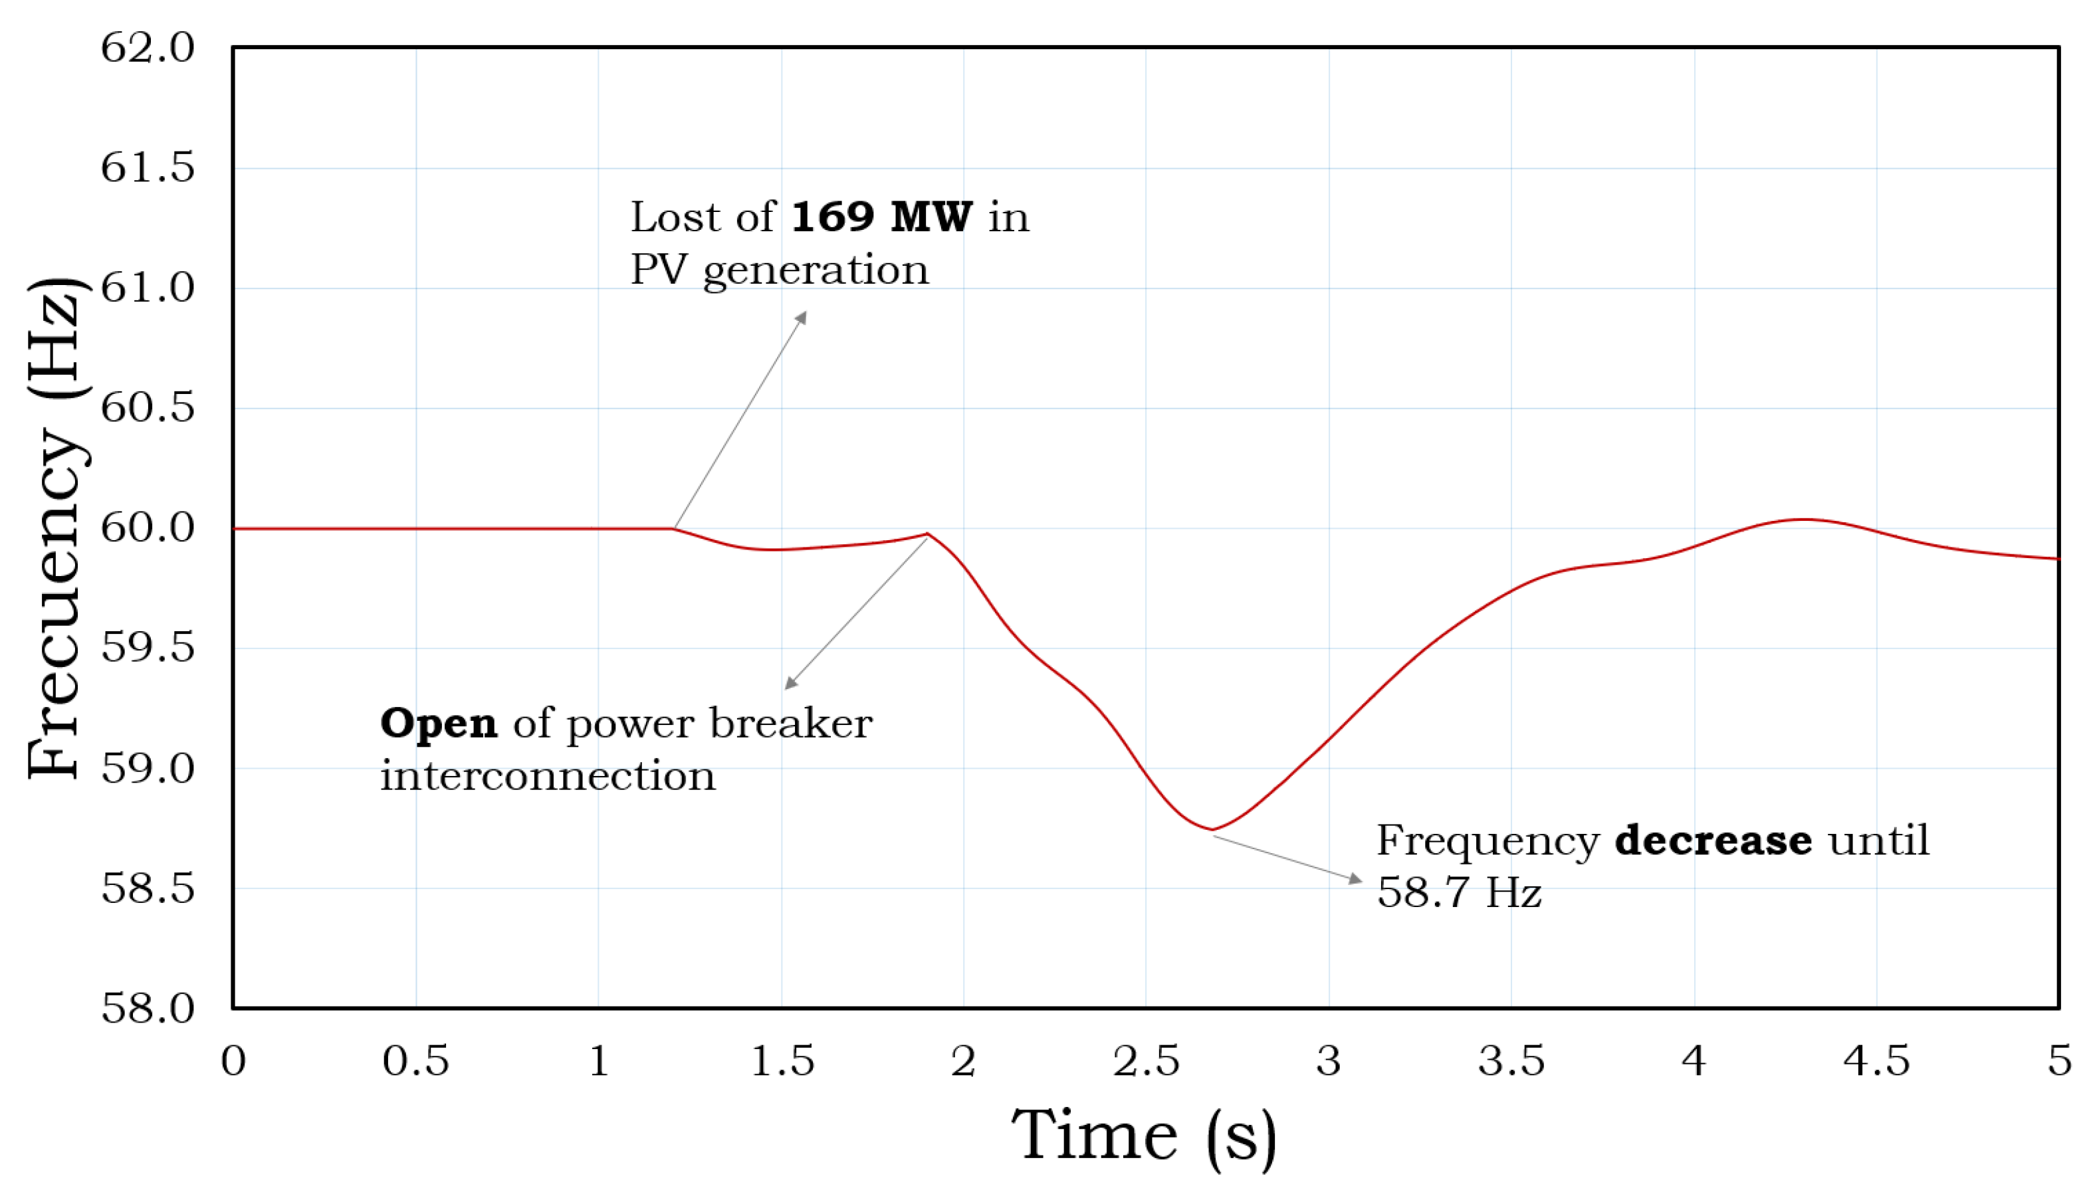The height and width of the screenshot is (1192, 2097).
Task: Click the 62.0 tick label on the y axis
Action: point(148,47)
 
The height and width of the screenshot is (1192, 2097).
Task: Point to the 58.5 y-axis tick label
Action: point(148,888)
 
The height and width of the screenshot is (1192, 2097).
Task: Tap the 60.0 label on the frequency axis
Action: point(148,528)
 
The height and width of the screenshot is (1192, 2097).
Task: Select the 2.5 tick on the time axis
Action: point(1145,1061)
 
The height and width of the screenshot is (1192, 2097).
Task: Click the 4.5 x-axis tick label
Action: point(1876,1061)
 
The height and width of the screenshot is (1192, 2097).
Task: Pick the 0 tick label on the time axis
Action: point(233,1061)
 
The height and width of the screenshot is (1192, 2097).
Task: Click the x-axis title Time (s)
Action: point(1144,1136)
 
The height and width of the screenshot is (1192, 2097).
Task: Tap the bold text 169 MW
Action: point(882,217)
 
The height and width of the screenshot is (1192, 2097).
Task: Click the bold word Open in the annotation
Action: point(438,724)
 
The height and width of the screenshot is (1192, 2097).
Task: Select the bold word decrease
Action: point(1713,841)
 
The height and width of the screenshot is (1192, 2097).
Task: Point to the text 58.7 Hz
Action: point(1458,892)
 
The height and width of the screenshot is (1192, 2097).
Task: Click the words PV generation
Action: point(779,270)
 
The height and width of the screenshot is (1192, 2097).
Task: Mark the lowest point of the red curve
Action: point(1212,829)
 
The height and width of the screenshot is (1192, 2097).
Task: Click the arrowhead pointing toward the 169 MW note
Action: point(802,317)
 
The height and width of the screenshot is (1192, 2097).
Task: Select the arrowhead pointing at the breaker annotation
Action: point(790,683)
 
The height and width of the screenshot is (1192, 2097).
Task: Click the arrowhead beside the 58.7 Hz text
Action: point(1355,879)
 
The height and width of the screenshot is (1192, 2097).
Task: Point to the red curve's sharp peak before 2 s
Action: point(927,534)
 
